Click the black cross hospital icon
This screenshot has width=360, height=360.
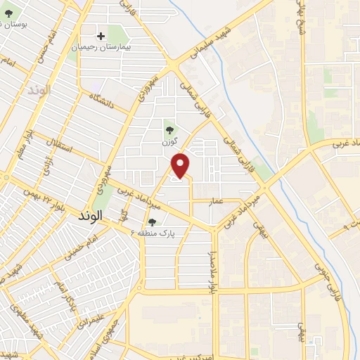click(x=101, y=35)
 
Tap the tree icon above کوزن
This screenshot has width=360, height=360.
click(x=169, y=129)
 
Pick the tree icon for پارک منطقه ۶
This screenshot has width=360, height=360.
click(x=152, y=223)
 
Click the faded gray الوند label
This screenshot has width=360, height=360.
click(x=40, y=91)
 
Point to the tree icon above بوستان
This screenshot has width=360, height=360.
click(x=8, y=13)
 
